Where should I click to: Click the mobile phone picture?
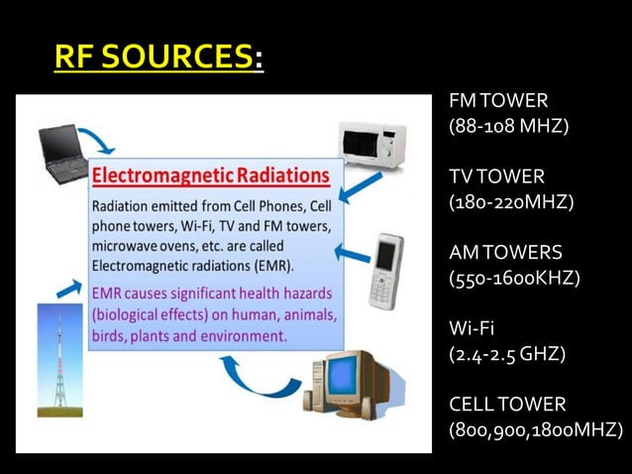385,271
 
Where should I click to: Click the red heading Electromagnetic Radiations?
210,176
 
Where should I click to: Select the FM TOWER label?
498,101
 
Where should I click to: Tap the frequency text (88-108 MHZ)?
508,127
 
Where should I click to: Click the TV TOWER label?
496,177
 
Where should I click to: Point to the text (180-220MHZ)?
511,202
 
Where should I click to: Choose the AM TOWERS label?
505,252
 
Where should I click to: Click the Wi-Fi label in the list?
472,328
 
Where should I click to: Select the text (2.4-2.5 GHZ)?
507,353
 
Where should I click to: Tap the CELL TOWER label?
507,404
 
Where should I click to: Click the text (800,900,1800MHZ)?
536,429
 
